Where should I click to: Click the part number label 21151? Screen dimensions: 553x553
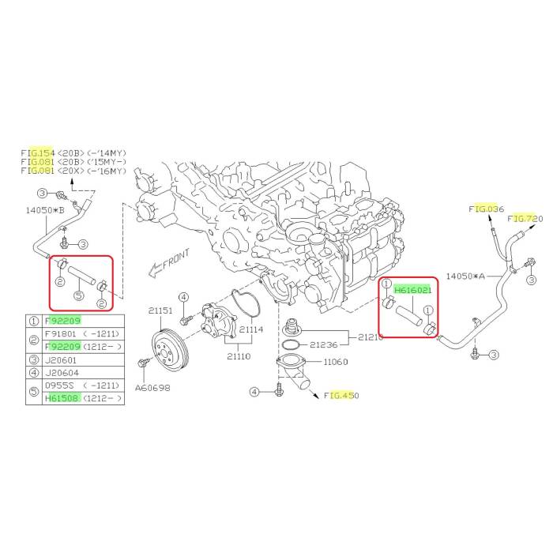pos(160,310)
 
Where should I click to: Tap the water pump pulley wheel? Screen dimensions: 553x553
pos(170,349)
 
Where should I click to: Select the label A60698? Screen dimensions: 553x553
pos(152,388)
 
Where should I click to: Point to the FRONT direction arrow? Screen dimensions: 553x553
pos(169,262)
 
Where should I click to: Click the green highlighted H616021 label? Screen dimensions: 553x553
pos(412,290)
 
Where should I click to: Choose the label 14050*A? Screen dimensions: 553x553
pos(465,276)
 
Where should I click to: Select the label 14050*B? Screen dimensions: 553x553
pos(45,210)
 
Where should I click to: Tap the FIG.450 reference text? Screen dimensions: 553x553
pos(341,396)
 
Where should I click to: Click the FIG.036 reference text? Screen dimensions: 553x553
pos(487,209)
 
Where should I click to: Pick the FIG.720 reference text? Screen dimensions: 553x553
pos(525,219)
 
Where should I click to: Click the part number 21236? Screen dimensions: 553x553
pos(324,344)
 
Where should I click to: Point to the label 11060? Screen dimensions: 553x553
pos(336,362)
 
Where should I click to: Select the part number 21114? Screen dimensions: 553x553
pos(251,329)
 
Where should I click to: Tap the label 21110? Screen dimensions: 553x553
pos(239,356)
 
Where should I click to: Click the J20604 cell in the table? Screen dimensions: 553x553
pos(62,373)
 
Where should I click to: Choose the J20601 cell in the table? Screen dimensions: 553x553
pos(61,360)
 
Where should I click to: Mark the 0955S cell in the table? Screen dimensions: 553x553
pos(58,386)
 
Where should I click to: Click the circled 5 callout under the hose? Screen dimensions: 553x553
pos(79,295)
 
